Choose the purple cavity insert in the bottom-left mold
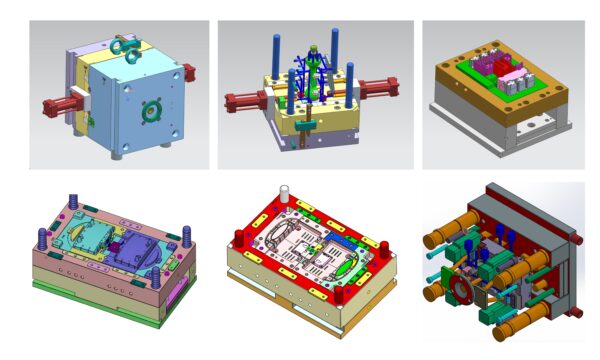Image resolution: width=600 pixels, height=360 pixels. click(132, 241)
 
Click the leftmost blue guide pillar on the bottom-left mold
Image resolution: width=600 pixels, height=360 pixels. click(43, 241)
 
